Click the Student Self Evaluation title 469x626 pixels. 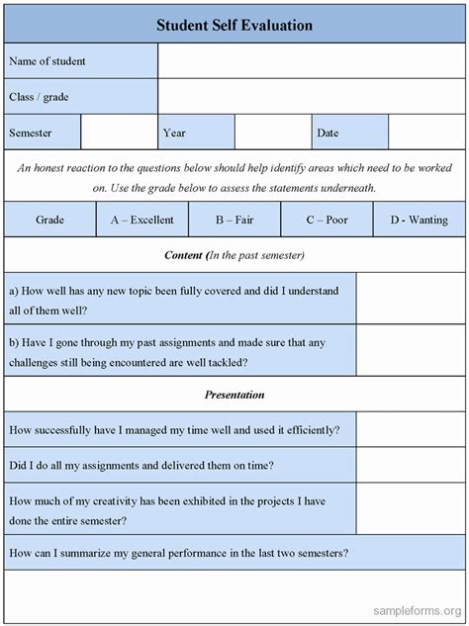[234, 24]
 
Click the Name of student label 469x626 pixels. [47, 61]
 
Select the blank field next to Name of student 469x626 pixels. [311, 61]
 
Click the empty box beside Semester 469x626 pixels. [119, 132]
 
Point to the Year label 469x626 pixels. [174, 132]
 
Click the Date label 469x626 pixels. [328, 132]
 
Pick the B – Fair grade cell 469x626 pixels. [234, 220]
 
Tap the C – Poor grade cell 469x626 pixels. [327, 220]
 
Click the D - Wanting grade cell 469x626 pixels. [419, 220]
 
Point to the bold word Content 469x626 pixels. [182, 255]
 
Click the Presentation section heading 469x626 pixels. [234, 395]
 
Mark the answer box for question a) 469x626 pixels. [411, 300]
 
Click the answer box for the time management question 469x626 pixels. [411, 430]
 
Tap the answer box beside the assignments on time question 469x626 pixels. [411, 464]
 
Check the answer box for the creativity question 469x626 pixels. [411, 509]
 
